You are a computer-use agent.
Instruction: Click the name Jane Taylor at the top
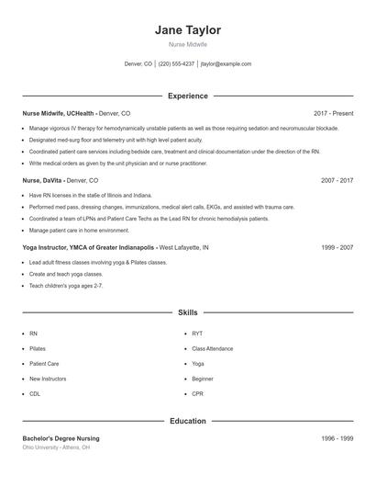[x=188, y=30]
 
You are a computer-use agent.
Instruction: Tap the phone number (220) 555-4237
[x=176, y=64]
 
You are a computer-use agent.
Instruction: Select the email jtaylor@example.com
[x=226, y=64]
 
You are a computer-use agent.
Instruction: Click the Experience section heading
[x=188, y=96]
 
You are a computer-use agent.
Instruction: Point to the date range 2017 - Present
[x=333, y=113]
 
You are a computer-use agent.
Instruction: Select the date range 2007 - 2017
[x=337, y=181]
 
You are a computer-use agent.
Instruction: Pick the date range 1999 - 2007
[x=337, y=247]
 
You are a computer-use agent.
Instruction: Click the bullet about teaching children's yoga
[x=66, y=286]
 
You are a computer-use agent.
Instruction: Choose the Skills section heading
[x=188, y=313]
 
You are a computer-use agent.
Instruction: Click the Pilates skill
[x=38, y=349]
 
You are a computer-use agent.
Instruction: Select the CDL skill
[x=35, y=393]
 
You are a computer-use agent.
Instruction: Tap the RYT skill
[x=197, y=334]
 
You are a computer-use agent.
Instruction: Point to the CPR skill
[x=197, y=393]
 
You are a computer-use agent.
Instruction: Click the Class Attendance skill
[x=213, y=349]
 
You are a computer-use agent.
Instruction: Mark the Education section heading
[x=188, y=421]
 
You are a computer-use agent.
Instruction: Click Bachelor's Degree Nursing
[x=61, y=438]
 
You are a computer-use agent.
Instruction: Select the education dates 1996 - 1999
[x=337, y=438]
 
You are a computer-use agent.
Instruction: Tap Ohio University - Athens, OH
[x=56, y=447]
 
